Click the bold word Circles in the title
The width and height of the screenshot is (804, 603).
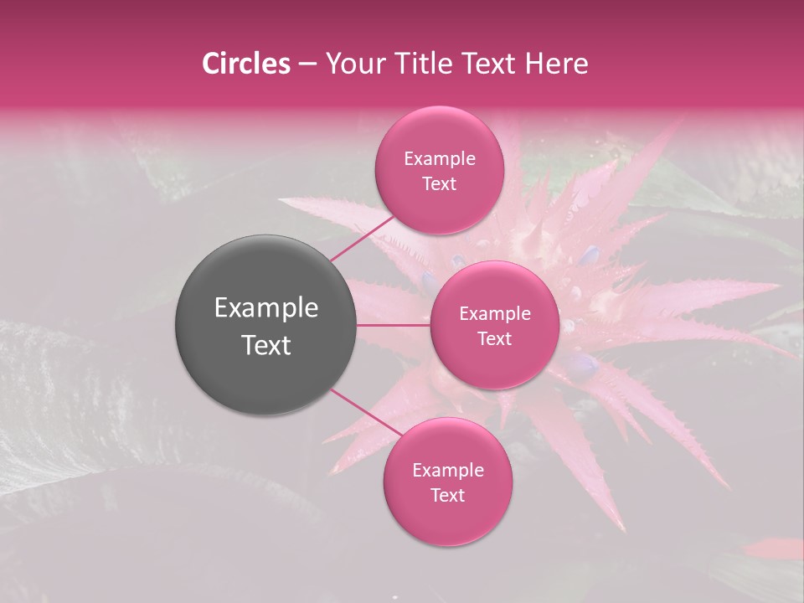coord(246,64)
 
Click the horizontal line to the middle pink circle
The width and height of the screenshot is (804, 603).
coord(394,325)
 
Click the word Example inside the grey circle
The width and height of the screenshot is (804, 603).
coord(265,308)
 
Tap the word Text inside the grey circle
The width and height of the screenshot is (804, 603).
coord(265,345)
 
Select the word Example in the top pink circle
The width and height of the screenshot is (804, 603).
coord(440,159)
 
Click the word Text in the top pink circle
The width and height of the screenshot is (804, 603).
coord(440,184)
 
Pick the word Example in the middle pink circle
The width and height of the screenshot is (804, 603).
coord(495,314)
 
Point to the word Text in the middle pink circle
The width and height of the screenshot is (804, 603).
coord(495,339)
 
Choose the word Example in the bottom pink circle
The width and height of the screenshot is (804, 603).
coord(447,471)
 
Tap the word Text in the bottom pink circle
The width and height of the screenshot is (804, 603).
coord(447,496)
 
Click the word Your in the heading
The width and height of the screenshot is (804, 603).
coord(353,64)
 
